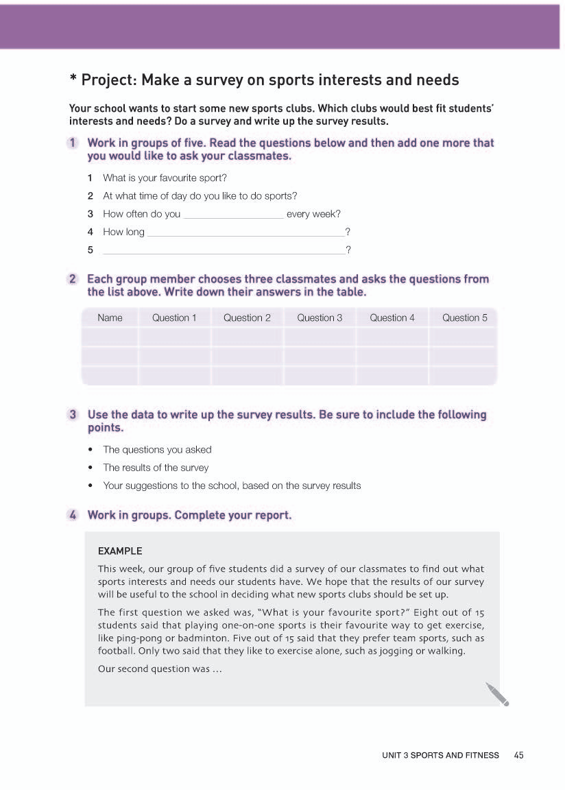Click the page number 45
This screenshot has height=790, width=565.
(518, 755)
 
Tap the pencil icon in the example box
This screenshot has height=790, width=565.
(498, 694)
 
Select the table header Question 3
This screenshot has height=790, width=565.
(320, 318)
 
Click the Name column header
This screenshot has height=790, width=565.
(110, 318)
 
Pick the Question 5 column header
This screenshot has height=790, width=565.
(465, 318)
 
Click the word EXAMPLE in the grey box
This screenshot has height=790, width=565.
(120, 551)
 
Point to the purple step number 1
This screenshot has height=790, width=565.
(72, 143)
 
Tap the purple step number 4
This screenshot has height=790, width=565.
(72, 515)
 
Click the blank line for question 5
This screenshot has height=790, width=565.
(224, 252)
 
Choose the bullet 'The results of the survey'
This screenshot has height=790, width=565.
(156, 468)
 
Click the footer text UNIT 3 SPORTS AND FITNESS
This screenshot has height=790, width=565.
(441, 755)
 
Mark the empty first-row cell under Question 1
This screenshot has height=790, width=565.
(174, 337)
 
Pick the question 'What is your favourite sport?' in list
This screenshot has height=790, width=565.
(165, 178)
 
